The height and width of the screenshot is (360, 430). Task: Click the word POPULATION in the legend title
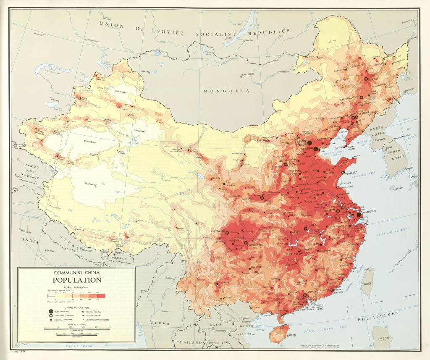tap(77, 280)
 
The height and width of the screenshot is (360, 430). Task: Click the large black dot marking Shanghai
tap(358, 214)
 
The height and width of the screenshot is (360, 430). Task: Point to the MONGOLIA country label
tap(226, 91)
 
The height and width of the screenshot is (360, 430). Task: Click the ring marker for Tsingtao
tap(343, 173)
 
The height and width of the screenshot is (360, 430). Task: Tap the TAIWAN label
tap(368, 284)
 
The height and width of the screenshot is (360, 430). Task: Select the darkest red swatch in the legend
tap(101, 296)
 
